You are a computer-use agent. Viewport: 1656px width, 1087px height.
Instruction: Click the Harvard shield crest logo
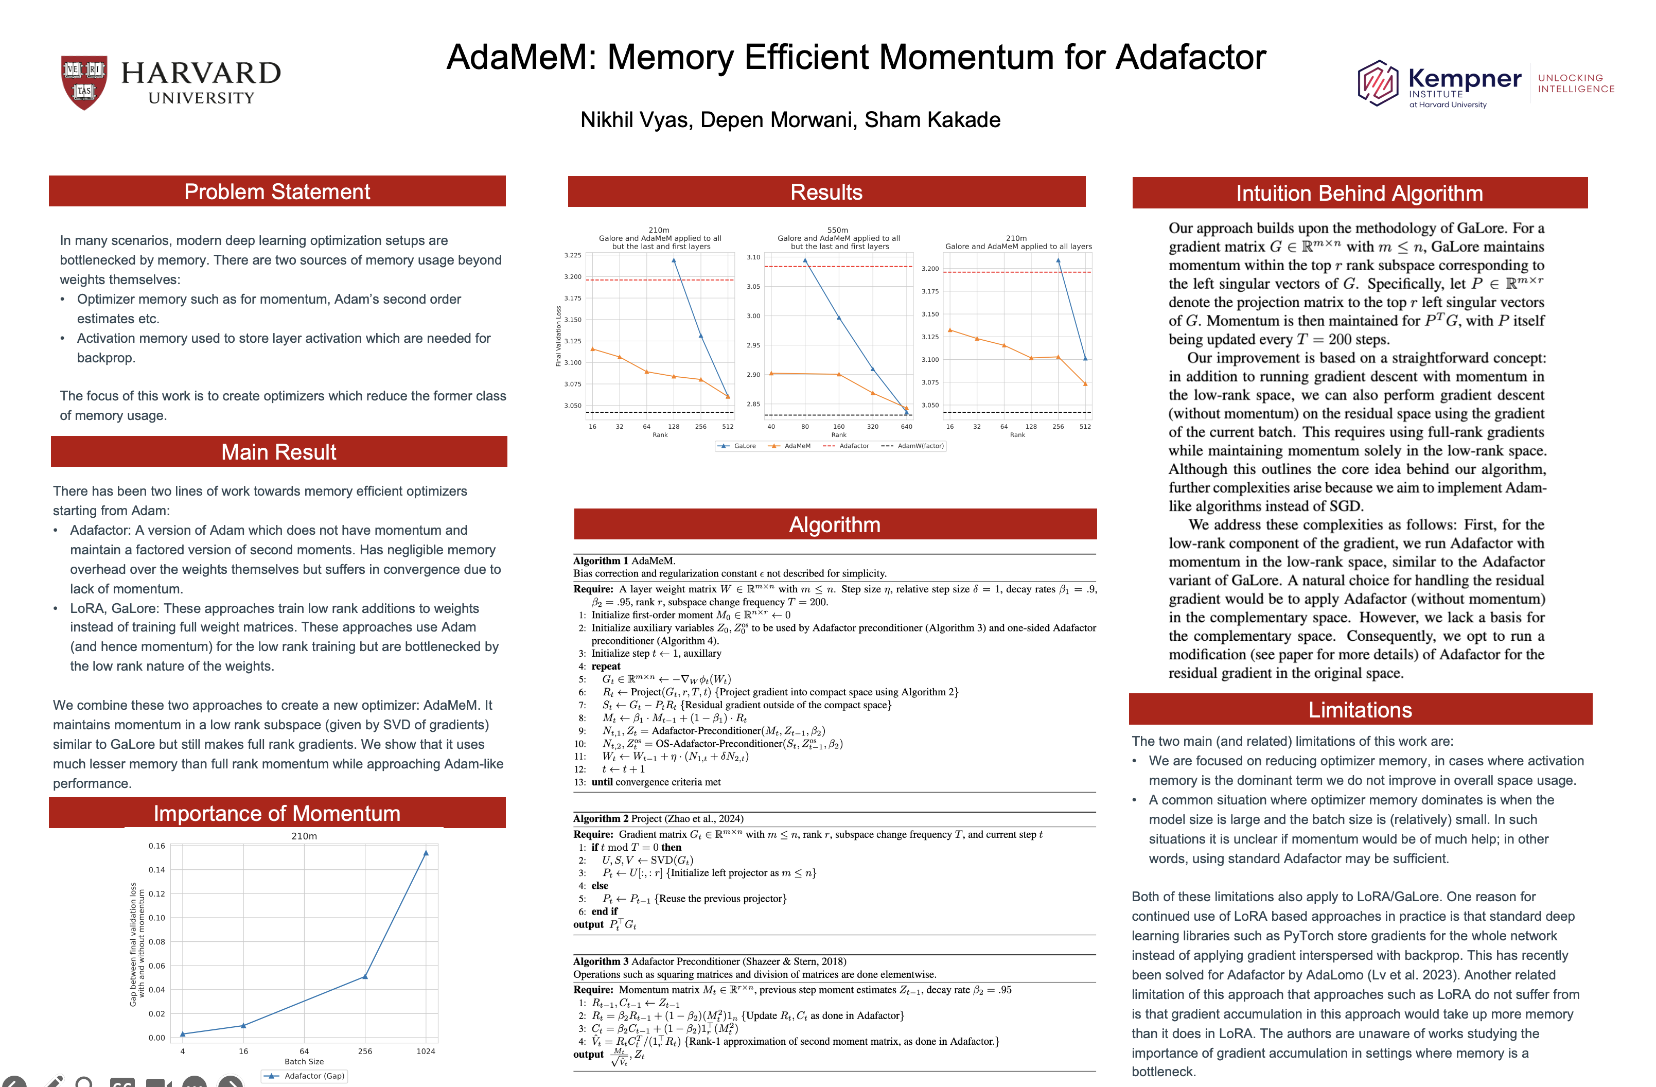pos(84,82)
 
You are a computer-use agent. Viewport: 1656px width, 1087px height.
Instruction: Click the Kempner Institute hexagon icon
pos(1377,83)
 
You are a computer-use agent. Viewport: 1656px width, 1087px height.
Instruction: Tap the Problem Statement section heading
pos(277,191)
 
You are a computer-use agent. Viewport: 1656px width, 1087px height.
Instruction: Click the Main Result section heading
pos(278,452)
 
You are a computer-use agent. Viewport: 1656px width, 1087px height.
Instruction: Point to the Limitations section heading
pos(1360,709)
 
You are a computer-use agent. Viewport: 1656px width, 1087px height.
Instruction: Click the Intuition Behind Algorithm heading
pos(1359,193)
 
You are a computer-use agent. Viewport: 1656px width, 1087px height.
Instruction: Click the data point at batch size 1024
pos(426,852)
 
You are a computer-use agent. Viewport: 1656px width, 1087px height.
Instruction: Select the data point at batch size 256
pos(365,976)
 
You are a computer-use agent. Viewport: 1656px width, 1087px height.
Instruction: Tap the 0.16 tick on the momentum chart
pos(156,846)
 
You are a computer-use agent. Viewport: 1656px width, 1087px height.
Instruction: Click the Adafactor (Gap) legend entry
pos(304,1076)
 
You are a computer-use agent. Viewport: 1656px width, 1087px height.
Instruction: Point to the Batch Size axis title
pos(304,1062)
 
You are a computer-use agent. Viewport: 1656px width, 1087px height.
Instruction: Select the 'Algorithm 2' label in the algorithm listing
pos(601,818)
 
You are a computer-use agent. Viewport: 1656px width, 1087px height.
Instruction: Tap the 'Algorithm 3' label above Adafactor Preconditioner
pos(601,961)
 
